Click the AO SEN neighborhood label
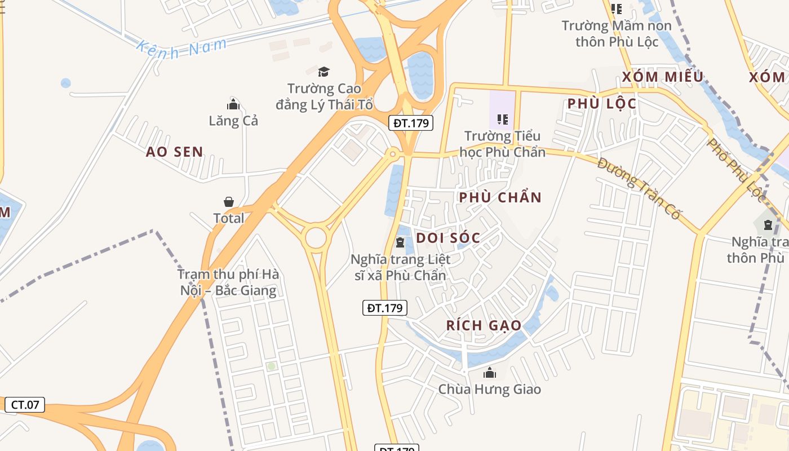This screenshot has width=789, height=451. [x=174, y=152]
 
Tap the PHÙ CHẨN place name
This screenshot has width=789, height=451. [x=500, y=197]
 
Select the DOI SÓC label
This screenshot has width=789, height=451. [x=448, y=238]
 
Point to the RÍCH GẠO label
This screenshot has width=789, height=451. [x=484, y=325]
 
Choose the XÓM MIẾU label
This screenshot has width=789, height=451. [x=663, y=77]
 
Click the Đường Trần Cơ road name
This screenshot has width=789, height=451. [x=640, y=189]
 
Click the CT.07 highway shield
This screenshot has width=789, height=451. [x=25, y=404]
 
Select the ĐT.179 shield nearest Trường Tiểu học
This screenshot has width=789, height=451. [x=411, y=123]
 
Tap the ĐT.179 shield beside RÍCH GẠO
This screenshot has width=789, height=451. [x=384, y=308]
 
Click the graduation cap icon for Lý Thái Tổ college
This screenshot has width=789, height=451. [x=323, y=72]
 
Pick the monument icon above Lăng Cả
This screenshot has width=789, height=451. [x=233, y=104]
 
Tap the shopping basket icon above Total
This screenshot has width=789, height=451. [x=229, y=201]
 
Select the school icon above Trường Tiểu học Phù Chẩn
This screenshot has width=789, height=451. [x=502, y=119]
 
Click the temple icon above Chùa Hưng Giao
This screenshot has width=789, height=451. [x=489, y=373]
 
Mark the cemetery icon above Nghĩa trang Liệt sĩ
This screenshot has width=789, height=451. [x=400, y=242]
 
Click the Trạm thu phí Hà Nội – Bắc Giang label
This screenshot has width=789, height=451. [x=228, y=282]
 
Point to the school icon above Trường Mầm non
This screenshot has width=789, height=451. [x=616, y=8]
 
